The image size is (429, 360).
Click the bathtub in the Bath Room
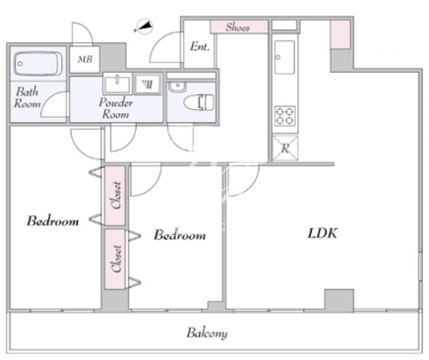point(38,64)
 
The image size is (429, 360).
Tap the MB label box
point(85,59)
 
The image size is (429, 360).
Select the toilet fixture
point(199,102)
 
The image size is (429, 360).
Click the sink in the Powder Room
point(117,83)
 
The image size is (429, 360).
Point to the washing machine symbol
point(148,84)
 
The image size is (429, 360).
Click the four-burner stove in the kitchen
point(284,116)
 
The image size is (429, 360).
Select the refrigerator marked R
point(285,149)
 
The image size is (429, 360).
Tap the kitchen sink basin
point(284,57)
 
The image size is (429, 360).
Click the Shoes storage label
point(238,27)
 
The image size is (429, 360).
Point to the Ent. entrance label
point(200,46)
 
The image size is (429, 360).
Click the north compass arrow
point(144,27)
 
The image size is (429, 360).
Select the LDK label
point(322,233)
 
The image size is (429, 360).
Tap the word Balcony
point(207,332)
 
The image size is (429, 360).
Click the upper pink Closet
point(115,196)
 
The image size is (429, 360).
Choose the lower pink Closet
point(115,259)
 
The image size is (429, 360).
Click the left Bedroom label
point(53,221)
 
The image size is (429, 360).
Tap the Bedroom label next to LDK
point(180,235)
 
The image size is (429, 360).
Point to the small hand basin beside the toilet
point(177,87)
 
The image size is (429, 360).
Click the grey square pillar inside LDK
point(339,301)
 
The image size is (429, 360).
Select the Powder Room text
point(116,108)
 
